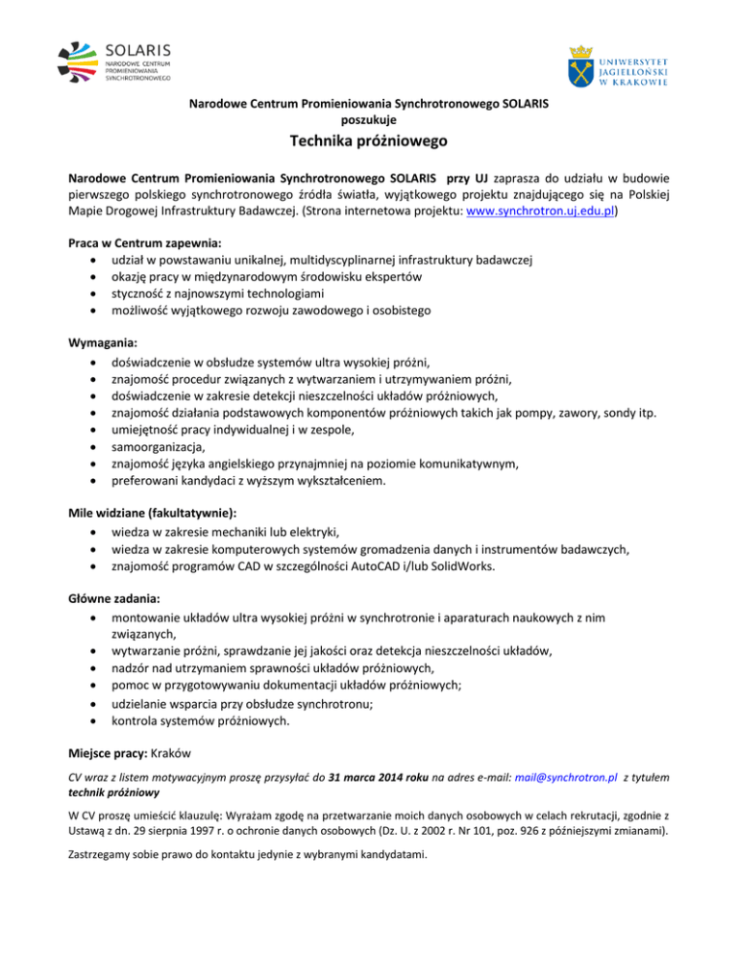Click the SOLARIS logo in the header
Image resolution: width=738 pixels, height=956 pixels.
[112, 61]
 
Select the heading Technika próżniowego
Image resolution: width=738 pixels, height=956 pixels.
[369, 144]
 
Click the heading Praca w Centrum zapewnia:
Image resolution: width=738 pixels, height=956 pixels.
[145, 241]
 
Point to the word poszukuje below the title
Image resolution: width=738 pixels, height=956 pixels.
[369, 119]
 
